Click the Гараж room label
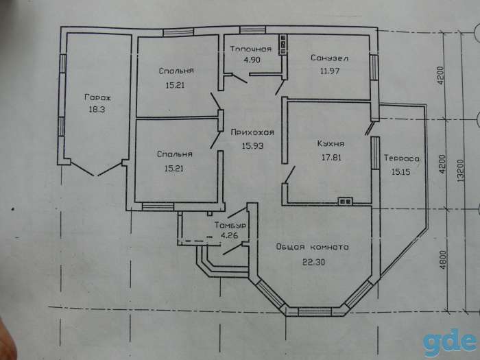point(97,97)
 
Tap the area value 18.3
point(97,109)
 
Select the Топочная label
point(251,49)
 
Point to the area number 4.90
point(252,60)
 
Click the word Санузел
point(329,58)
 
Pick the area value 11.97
point(329,71)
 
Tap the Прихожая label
point(252,132)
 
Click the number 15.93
point(252,146)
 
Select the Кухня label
point(331,143)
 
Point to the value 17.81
point(331,157)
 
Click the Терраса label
point(402,158)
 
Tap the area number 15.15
point(400,171)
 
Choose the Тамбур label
point(230,226)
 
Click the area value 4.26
point(230,236)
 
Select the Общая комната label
point(312,247)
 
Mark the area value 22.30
point(314,262)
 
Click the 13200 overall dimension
point(461,171)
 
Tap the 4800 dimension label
point(443,260)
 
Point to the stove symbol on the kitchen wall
point(346,201)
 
